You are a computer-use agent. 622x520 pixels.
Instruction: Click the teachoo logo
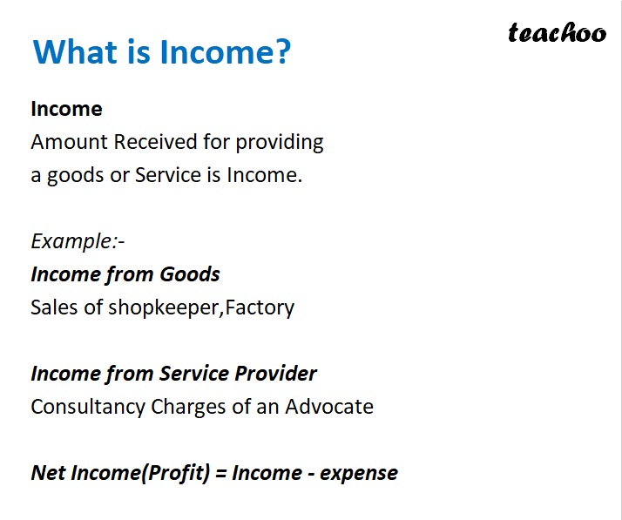click(557, 33)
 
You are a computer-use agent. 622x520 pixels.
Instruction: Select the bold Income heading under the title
click(66, 109)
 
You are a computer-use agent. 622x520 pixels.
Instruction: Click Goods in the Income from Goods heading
click(189, 274)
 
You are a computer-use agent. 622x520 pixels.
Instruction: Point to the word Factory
click(260, 307)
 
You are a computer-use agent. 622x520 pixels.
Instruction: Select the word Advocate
click(328, 407)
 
